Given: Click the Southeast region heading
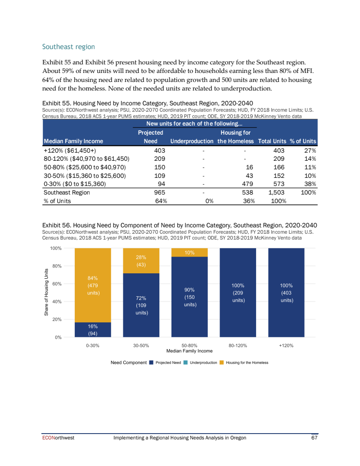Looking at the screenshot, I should click(68, 47).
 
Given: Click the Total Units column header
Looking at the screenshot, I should click(272, 141).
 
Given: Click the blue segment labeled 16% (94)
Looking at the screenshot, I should click(93, 330).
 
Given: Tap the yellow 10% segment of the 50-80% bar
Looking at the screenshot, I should click(189, 253).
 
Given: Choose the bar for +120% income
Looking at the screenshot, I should click(286, 292).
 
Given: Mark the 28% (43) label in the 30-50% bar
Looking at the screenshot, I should click(141, 261).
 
